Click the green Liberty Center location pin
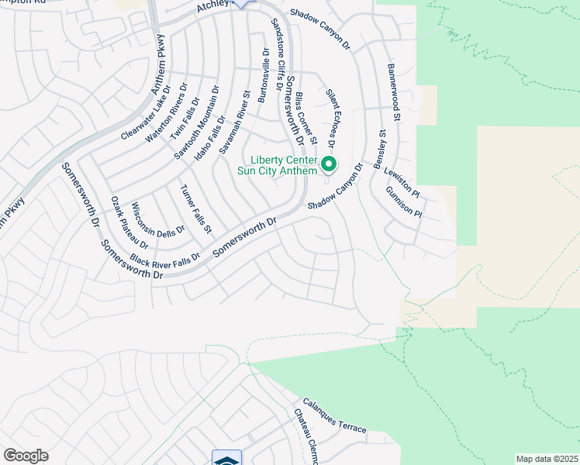[x=329, y=164]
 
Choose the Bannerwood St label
[x=393, y=93]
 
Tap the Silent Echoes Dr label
[x=330, y=118]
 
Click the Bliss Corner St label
[x=306, y=119]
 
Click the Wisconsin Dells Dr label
[x=158, y=220]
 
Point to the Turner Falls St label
[x=195, y=209]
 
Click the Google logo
[x=26, y=456]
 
